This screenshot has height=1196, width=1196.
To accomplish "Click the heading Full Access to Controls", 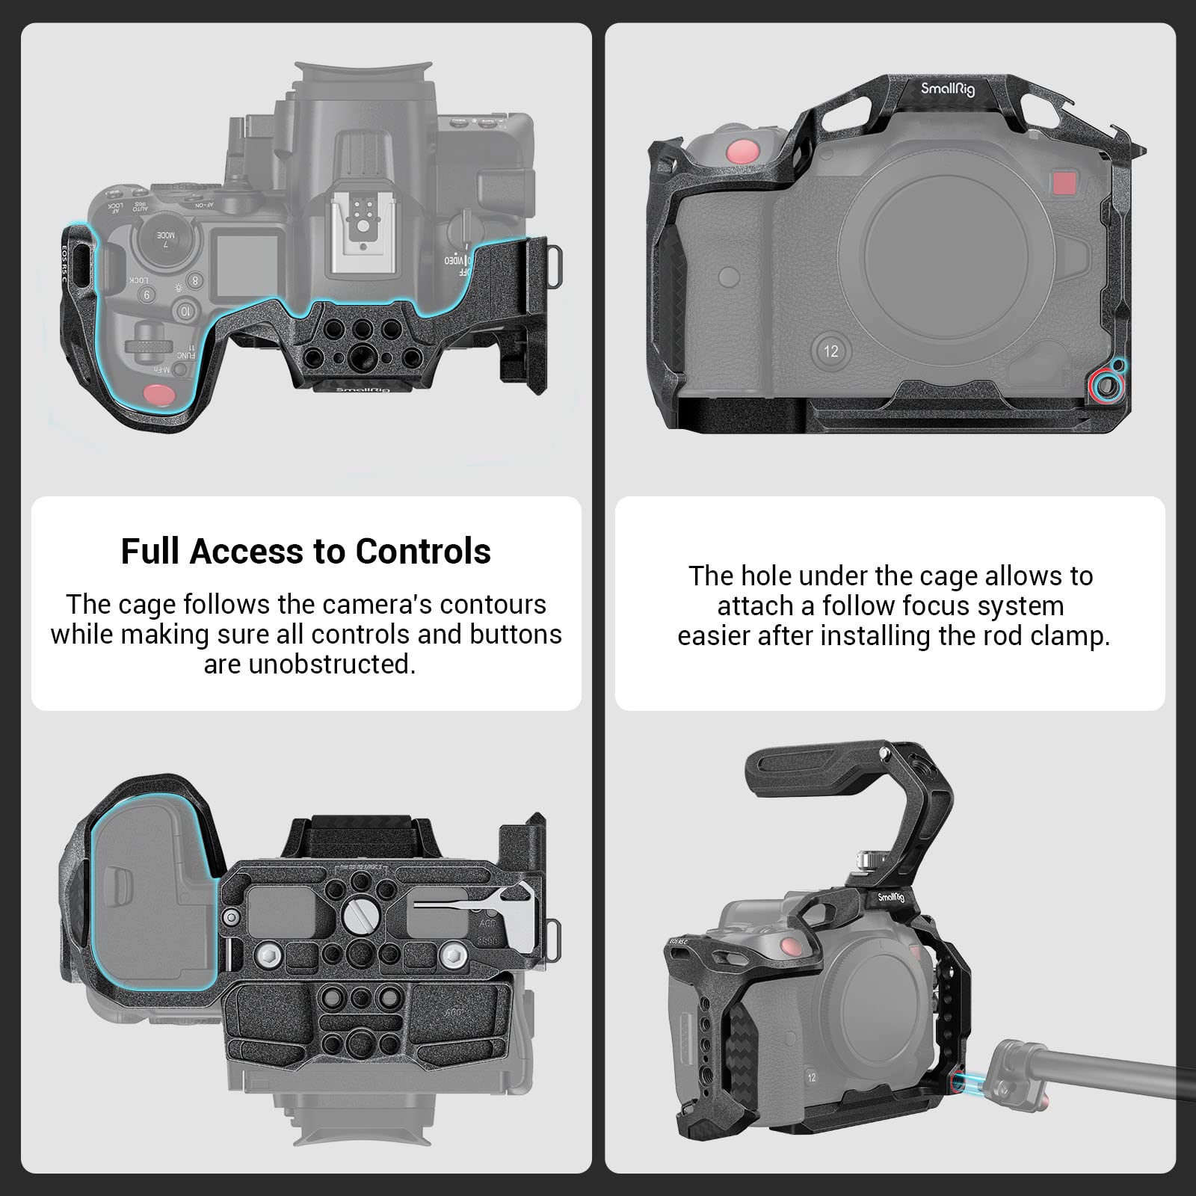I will [x=306, y=552].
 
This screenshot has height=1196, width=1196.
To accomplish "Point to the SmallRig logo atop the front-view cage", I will [x=947, y=90].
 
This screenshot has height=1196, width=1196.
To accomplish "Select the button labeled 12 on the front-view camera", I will [x=830, y=351].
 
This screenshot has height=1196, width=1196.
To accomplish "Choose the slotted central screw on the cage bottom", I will [x=360, y=915].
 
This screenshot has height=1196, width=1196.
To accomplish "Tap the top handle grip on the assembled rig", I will [x=807, y=774].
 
